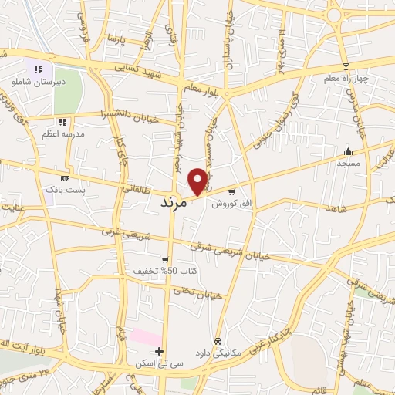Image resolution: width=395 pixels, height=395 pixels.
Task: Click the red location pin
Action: (198, 181)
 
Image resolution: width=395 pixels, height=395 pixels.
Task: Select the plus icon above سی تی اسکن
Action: (160, 352)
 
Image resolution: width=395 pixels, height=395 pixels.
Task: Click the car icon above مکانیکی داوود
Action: (218, 340)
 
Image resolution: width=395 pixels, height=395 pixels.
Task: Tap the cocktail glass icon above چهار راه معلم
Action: (346, 66)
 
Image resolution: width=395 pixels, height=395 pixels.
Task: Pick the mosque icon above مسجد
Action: (348, 151)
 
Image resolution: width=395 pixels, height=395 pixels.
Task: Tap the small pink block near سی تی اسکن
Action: (145, 337)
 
